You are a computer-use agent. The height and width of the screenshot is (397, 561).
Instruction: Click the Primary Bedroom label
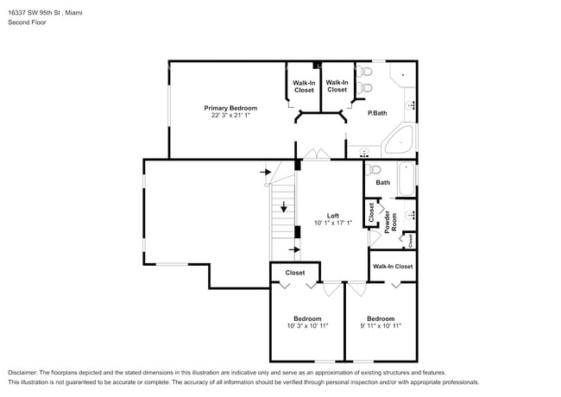[x=230, y=108]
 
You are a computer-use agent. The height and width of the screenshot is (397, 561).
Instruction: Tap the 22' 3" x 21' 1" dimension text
[x=230, y=115]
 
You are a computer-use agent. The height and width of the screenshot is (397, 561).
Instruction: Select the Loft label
[x=333, y=216]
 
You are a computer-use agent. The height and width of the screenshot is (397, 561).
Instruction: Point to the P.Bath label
[x=377, y=113]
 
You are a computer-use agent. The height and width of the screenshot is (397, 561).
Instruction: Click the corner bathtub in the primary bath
[x=399, y=140]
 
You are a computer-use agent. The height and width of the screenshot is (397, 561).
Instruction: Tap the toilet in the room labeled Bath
[x=374, y=169]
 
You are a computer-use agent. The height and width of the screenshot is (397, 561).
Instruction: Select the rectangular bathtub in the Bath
[x=407, y=179]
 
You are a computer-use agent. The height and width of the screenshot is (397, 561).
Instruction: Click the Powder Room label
[x=390, y=222]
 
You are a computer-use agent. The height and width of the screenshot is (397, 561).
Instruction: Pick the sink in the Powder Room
[x=410, y=215]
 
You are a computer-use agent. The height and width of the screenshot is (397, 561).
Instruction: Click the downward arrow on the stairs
[x=284, y=207]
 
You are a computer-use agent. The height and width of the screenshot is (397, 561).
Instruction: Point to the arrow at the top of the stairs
[x=266, y=172]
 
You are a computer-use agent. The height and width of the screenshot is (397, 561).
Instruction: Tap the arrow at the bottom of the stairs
[x=294, y=249]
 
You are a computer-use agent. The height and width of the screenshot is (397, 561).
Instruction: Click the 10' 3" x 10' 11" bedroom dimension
[x=308, y=326]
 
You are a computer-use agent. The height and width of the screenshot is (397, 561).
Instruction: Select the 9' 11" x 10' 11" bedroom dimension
[x=381, y=326]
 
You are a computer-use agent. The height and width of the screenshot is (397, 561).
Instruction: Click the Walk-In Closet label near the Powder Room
[x=393, y=267]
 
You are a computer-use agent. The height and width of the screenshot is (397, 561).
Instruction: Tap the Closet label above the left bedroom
[x=295, y=273]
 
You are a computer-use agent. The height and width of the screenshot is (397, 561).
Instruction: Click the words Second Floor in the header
[x=28, y=22]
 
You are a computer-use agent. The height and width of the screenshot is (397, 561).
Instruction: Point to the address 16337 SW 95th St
[x=35, y=13]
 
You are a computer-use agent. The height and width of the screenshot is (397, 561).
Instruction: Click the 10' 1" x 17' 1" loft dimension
[x=333, y=223]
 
